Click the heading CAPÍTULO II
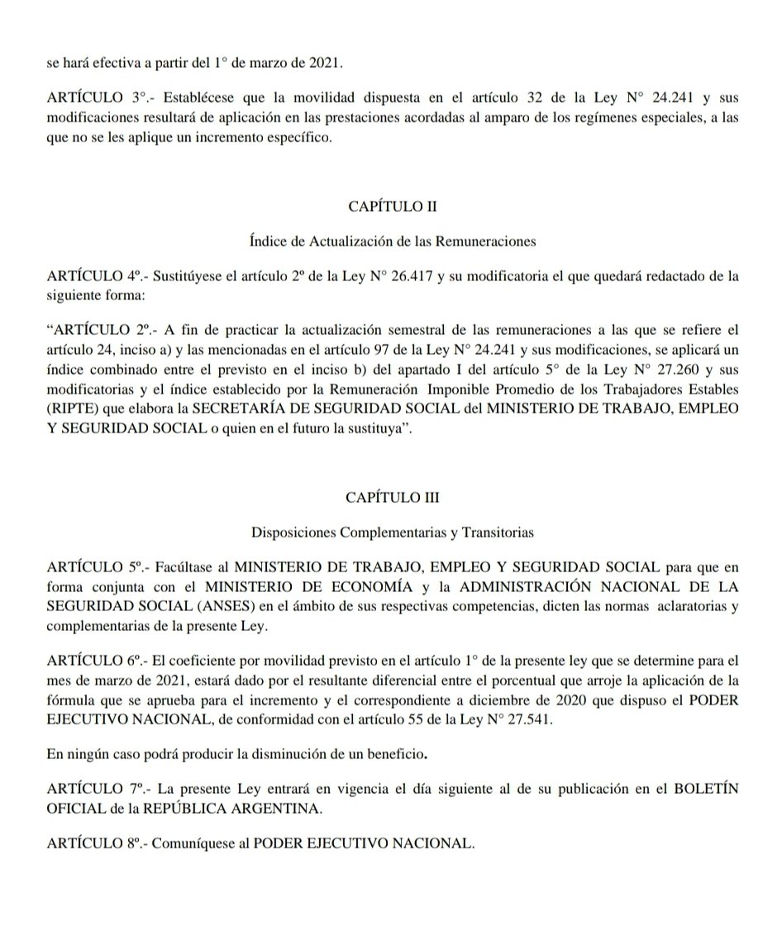[x=392, y=207]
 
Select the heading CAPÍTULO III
[x=392, y=498]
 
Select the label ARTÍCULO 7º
[x=97, y=789]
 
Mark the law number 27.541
[x=514, y=719]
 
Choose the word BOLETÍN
[x=703, y=789]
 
